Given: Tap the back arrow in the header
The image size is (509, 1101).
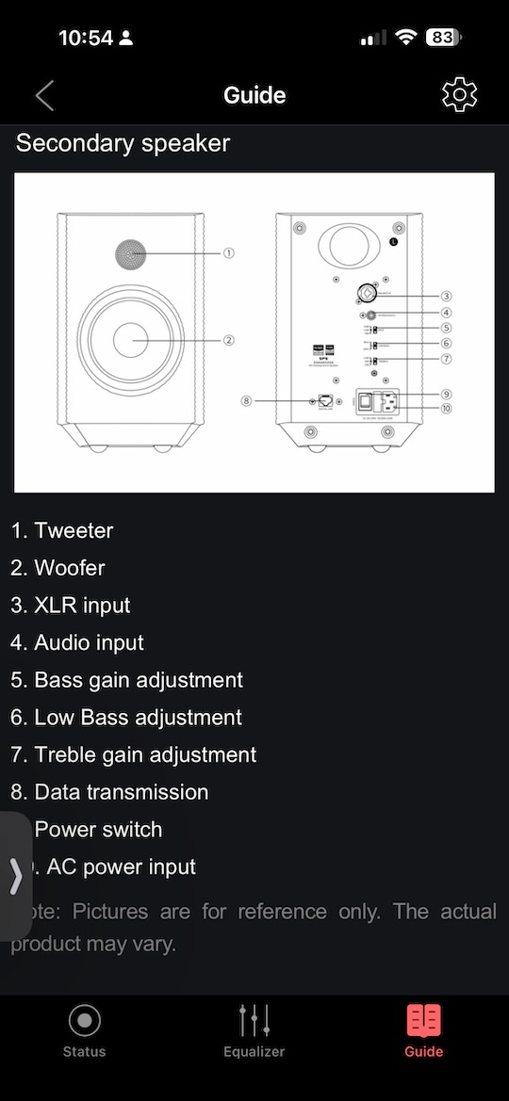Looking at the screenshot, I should click(x=44, y=95).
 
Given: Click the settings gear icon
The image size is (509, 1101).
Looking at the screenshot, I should click(x=459, y=95).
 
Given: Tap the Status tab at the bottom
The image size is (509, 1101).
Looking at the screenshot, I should click(x=84, y=1030).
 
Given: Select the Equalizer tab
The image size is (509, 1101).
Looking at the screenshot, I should click(x=254, y=1030).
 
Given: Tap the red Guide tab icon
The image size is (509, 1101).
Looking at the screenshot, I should click(x=423, y=1021).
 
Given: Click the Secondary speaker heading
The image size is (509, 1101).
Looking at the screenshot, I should click(x=123, y=143).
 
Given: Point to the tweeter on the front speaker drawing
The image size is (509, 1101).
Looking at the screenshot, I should click(x=133, y=253).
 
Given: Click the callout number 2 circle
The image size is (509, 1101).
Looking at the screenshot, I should click(x=228, y=340).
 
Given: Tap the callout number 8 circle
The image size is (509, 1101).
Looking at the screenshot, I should click(x=247, y=400).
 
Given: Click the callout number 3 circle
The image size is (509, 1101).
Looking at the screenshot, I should click(x=446, y=296).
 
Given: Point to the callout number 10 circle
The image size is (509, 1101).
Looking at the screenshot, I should click(x=446, y=408).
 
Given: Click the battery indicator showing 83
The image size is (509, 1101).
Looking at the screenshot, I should click(x=442, y=39).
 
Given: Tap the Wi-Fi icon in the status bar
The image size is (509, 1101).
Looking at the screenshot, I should click(x=406, y=39).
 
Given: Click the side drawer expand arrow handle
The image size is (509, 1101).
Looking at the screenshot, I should click(x=15, y=875).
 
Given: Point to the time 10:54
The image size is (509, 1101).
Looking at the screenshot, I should click(x=85, y=39).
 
